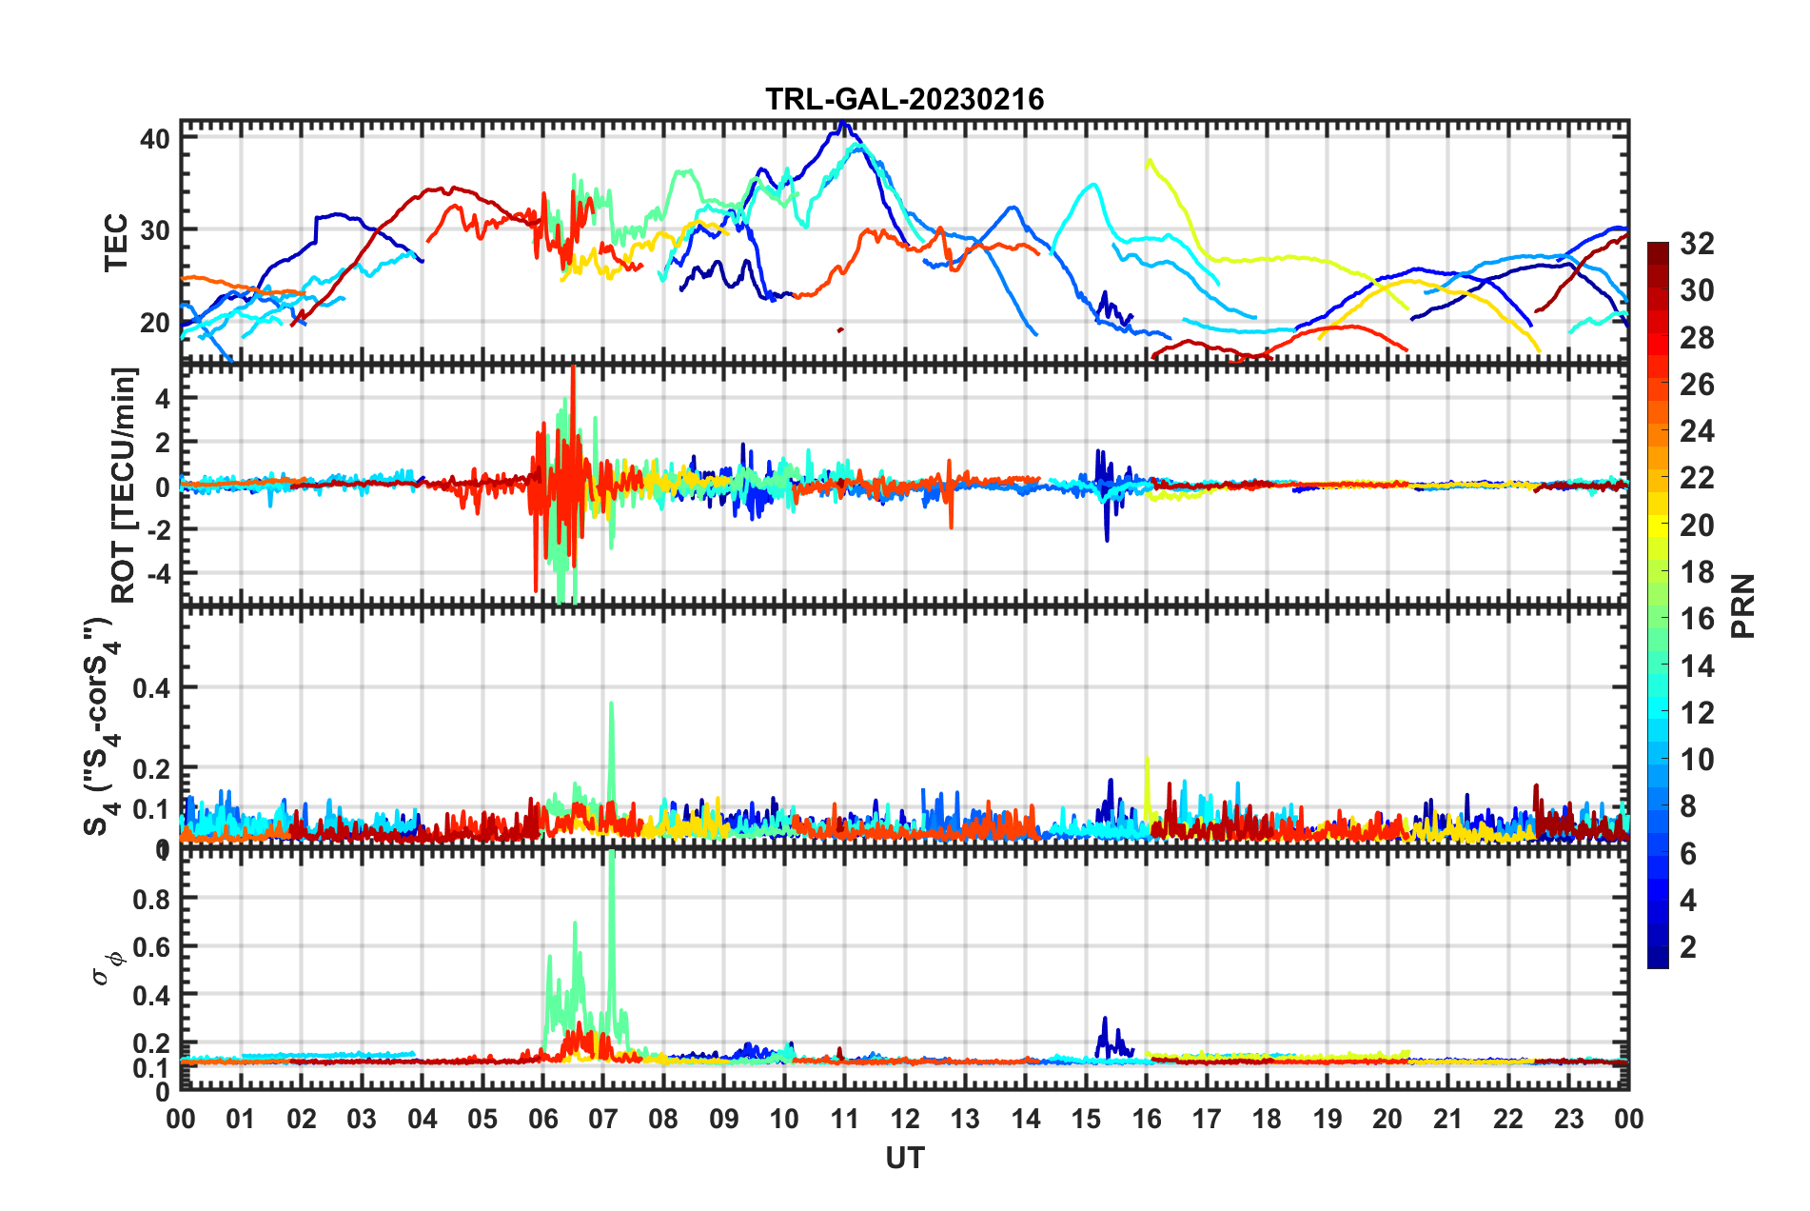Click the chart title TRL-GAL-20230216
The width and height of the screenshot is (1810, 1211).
[x=904, y=99]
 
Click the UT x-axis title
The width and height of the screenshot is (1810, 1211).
[x=904, y=1158]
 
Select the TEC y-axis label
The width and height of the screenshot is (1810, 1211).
[x=116, y=243]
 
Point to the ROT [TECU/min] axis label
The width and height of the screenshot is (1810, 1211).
[x=124, y=485]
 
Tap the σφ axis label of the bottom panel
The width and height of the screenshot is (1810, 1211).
[x=108, y=968]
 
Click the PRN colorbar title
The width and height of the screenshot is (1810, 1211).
[x=1743, y=605]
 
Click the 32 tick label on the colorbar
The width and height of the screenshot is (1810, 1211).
[x=1696, y=244]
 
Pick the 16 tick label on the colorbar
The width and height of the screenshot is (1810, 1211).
[x=1696, y=619]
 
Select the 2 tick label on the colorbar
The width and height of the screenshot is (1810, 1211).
[x=1688, y=946]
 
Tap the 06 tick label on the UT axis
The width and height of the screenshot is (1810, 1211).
[x=542, y=1119]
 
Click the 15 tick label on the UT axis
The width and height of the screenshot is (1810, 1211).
[x=1086, y=1119]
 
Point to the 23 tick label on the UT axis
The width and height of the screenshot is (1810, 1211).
[x=1568, y=1119]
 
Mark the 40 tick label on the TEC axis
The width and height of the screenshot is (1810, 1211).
[x=154, y=139]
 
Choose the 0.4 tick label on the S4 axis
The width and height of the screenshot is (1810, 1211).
[x=150, y=687]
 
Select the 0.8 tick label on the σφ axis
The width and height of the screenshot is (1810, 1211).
[x=150, y=899]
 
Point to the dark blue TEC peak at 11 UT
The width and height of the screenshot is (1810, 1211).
[x=843, y=125]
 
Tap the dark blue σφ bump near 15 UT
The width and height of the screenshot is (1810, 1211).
[x=1105, y=1021]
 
